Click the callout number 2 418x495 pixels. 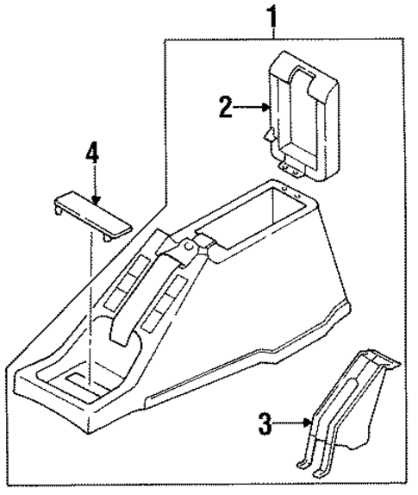tap(226, 108)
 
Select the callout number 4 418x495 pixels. tap(92, 155)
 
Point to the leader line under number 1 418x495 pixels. tap(274, 33)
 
